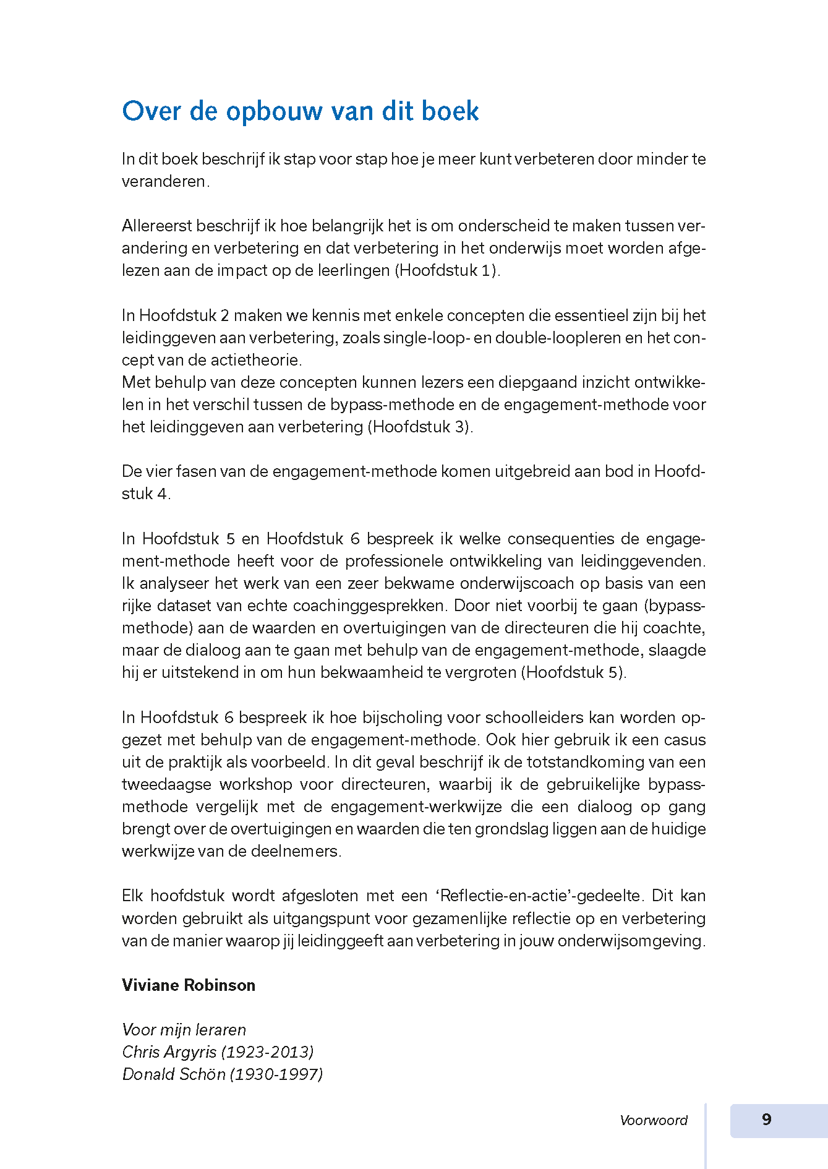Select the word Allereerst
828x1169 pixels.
(157, 226)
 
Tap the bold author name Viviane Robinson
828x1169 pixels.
(189, 985)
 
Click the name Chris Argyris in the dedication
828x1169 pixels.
(169, 1052)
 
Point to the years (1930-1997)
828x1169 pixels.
(276, 1074)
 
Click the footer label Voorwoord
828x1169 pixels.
(654, 1120)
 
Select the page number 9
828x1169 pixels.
(767, 1120)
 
